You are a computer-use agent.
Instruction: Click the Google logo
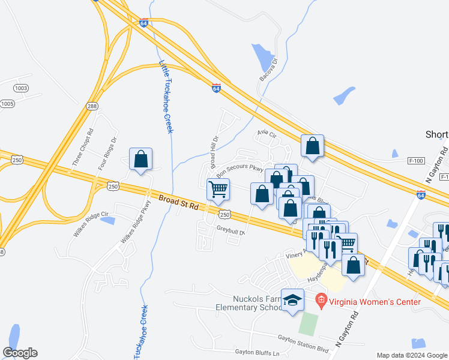point(20,353)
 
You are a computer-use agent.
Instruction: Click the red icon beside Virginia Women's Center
point(321,298)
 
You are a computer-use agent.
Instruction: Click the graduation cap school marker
point(292,301)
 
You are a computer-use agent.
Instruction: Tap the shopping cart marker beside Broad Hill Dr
point(218,189)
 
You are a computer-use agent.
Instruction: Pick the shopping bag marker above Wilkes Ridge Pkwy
point(140,160)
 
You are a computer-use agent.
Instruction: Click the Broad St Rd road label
point(179,202)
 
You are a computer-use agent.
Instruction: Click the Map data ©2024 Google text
point(412,355)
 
